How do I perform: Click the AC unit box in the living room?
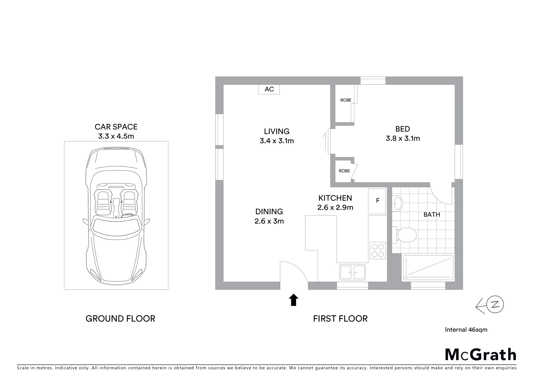point(269,89)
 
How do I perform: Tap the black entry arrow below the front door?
point(294,300)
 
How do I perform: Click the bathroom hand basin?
point(398,203)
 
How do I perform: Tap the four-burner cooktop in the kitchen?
point(377,250)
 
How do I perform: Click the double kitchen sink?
point(352,272)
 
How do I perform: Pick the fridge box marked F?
point(377,201)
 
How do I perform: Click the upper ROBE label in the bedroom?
point(346,100)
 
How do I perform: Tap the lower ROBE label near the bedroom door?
point(344,171)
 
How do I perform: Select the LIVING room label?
point(276,131)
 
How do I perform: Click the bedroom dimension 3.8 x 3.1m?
point(403,138)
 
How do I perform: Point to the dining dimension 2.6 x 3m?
point(269,221)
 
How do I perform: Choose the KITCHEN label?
point(335,198)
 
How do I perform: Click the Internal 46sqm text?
point(466,329)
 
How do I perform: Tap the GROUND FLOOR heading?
point(120,318)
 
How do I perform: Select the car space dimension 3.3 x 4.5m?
point(116,136)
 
